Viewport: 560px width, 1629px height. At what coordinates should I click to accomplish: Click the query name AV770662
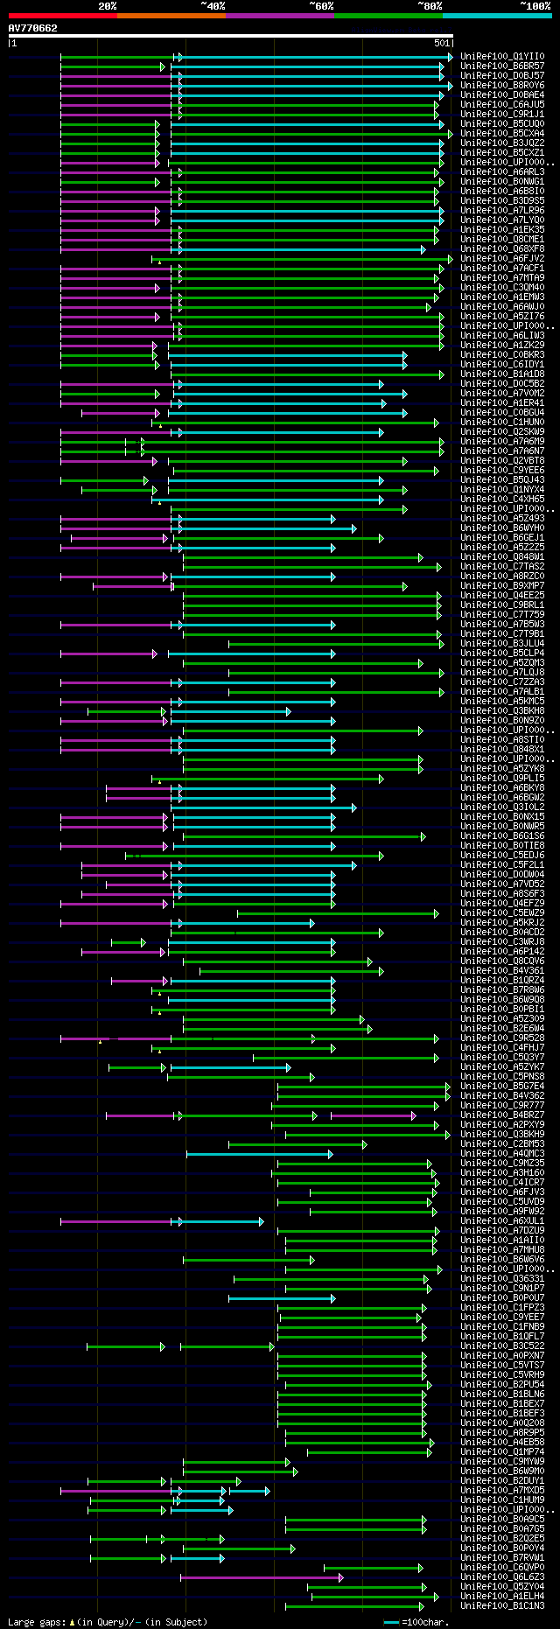32,28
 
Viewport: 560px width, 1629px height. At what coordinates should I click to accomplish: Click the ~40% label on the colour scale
213,6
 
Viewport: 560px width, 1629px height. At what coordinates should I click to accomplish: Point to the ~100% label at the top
535,6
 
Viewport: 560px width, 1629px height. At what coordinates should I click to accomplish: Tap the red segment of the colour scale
62,16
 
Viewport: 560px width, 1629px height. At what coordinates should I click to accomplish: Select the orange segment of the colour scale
171,16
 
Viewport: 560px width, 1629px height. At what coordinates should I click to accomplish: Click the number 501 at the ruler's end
442,43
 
